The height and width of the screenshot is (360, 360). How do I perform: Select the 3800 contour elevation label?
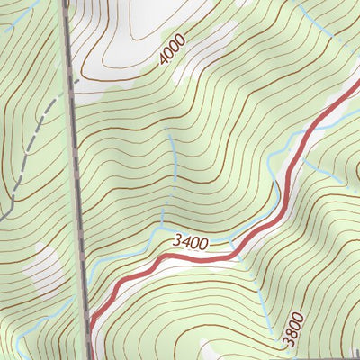pyautogui.click(x=293, y=329)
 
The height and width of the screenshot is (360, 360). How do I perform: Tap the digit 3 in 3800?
pyautogui.click(x=287, y=342)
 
